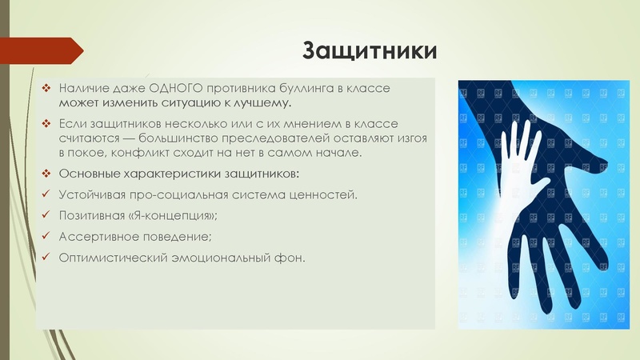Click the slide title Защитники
click(x=370, y=51)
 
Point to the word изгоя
click(x=409, y=138)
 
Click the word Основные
click(x=88, y=174)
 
